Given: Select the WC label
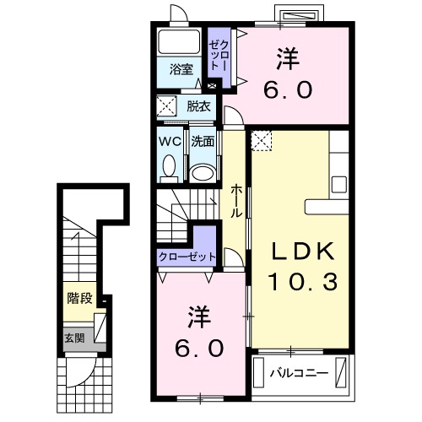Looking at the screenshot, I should pyautogui.click(x=169, y=141).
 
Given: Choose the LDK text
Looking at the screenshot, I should pyautogui.click(x=302, y=251).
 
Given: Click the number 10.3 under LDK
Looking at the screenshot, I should pyautogui.click(x=302, y=281).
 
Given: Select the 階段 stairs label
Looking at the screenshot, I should pyautogui.click(x=79, y=299).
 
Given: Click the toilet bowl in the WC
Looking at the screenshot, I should pyautogui.click(x=168, y=170).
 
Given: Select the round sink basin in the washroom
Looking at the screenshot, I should pyautogui.click(x=202, y=173).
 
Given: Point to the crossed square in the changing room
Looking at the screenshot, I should pyautogui.click(x=166, y=106).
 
